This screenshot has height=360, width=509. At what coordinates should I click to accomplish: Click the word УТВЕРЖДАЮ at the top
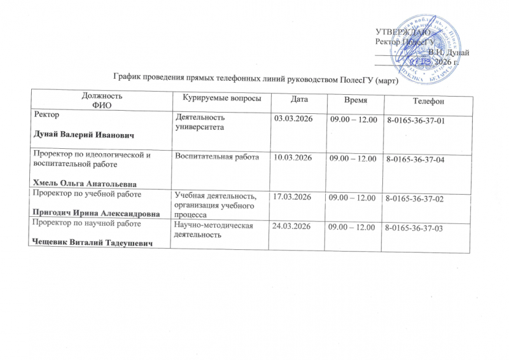point(401,31)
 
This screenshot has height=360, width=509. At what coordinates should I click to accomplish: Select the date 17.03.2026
point(292,197)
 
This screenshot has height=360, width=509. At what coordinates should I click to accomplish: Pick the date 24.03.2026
point(292,226)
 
